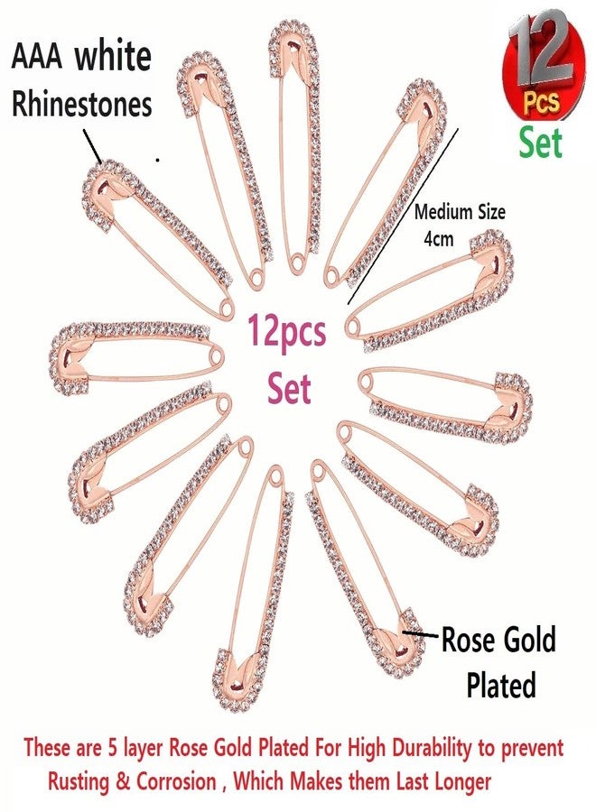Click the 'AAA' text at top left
(37, 58)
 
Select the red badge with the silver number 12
(545, 66)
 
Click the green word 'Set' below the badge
(541, 143)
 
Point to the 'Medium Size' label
(459, 212)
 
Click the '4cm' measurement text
(439, 239)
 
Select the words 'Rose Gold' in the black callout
(498, 640)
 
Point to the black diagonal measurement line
(404, 217)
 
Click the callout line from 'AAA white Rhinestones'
(92, 146)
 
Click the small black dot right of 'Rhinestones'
(157, 161)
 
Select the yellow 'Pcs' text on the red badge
(541, 101)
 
